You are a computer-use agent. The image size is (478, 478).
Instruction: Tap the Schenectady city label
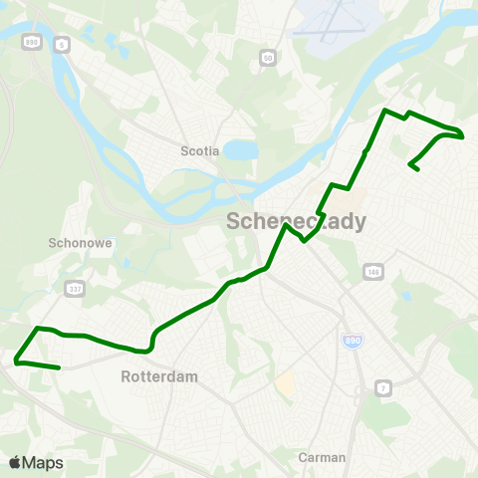(297, 221)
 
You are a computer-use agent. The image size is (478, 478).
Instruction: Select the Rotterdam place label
(159, 376)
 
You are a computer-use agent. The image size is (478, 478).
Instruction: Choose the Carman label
(322, 457)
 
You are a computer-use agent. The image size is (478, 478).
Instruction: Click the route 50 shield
(268, 59)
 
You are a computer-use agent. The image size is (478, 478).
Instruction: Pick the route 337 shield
(75, 288)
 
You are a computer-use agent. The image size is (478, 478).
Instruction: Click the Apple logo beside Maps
(15, 462)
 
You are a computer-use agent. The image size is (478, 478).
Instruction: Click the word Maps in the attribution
(43, 462)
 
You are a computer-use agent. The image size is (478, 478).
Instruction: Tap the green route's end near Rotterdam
(60, 367)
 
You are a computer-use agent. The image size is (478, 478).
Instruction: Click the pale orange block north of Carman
(286, 384)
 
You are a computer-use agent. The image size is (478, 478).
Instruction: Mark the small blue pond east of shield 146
(405, 296)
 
